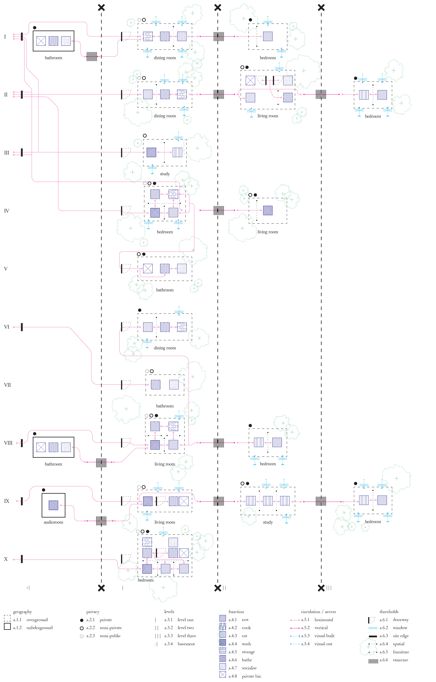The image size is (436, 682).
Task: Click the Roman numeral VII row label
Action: pyautogui.click(x=7, y=385)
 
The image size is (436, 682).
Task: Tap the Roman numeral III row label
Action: pyautogui.click(x=7, y=153)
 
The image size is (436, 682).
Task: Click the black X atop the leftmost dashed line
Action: pyautogui.click(x=101, y=8)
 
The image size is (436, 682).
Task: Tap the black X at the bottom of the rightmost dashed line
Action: pyautogui.click(x=321, y=588)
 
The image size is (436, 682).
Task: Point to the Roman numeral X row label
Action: pyautogui.click(x=6, y=559)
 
